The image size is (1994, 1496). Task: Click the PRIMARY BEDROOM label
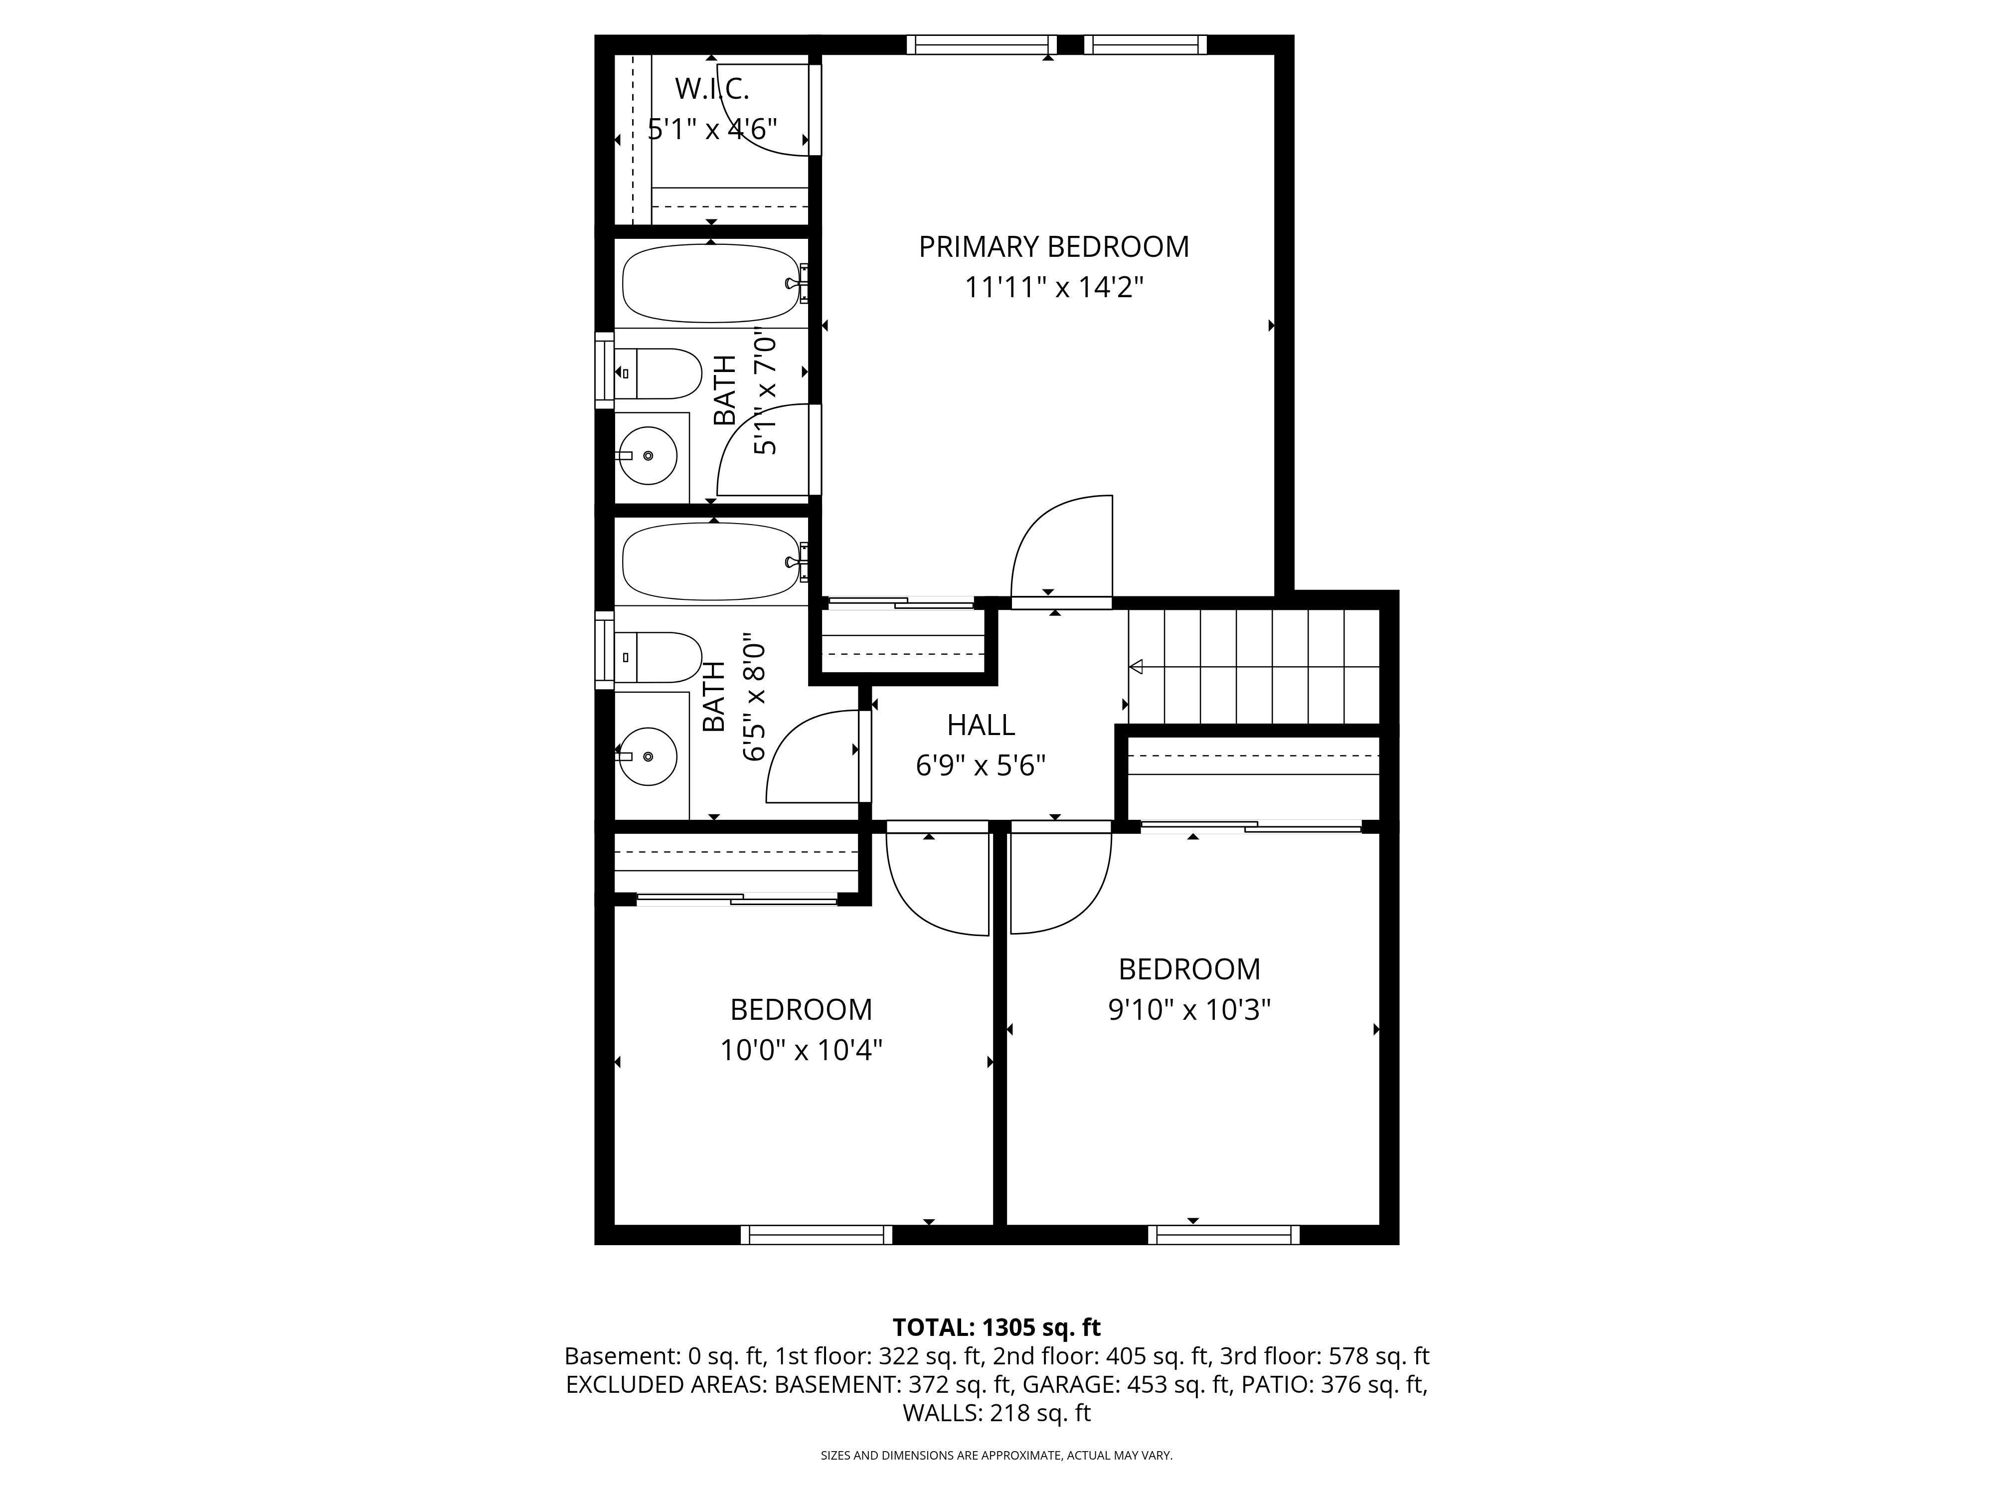pos(1054,246)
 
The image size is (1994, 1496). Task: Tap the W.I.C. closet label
pos(712,89)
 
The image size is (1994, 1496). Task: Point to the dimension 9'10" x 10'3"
pos(1190,1009)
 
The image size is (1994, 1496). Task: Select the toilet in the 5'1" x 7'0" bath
pos(658,374)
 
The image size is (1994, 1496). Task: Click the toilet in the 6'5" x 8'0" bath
pos(658,656)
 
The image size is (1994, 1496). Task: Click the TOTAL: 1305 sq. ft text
pos(996,1327)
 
